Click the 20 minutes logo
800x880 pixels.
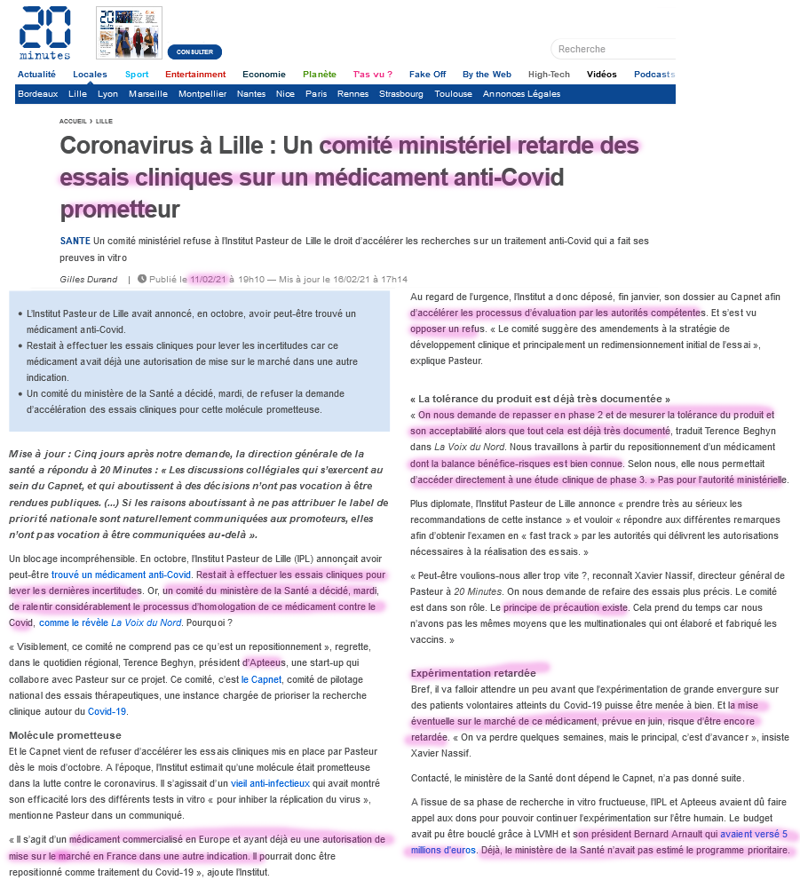click(x=44, y=33)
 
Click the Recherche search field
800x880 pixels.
click(x=613, y=49)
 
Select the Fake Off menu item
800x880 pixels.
click(x=427, y=75)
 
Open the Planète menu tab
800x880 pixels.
click(x=320, y=75)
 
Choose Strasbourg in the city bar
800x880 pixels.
click(x=401, y=94)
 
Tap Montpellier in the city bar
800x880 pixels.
click(x=202, y=94)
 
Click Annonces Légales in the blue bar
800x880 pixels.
click(x=521, y=94)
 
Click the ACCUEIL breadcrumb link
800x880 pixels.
click(x=73, y=121)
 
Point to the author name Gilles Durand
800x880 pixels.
click(x=88, y=279)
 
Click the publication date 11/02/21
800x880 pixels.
click(x=209, y=279)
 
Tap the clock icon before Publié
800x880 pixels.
click(x=142, y=279)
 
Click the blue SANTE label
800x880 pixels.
click(x=75, y=241)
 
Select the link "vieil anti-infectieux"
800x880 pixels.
click(x=270, y=783)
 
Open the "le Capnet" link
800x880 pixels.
click(x=261, y=679)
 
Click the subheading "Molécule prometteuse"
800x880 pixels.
click(x=65, y=735)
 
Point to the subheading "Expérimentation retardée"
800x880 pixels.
click(x=472, y=672)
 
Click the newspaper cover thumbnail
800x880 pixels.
click(x=130, y=33)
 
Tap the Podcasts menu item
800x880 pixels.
click(x=653, y=75)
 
